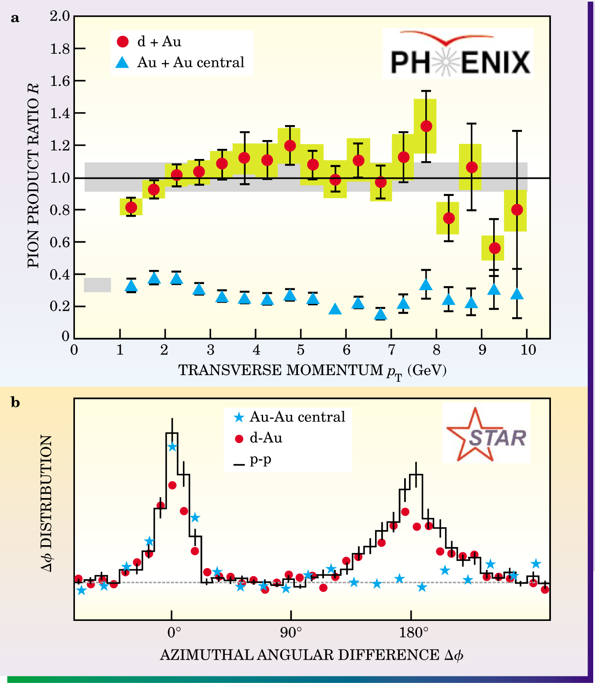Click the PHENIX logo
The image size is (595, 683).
click(x=458, y=54)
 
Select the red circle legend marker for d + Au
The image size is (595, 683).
click(x=123, y=41)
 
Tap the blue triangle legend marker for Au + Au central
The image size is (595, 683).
click(x=122, y=63)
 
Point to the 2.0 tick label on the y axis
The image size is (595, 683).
click(x=60, y=16)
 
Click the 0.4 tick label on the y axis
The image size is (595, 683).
click(x=60, y=274)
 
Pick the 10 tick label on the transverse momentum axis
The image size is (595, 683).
click(x=528, y=350)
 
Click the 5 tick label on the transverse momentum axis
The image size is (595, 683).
click(x=301, y=350)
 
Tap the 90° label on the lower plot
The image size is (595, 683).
click(x=291, y=633)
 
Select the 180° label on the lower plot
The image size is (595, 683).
click(x=413, y=633)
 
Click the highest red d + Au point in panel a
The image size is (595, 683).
click(x=426, y=126)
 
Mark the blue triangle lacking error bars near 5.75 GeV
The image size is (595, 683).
click(x=335, y=309)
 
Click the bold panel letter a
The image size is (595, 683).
click(x=15, y=18)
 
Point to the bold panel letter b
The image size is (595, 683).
click(x=15, y=402)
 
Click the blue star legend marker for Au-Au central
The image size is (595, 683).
click(x=239, y=417)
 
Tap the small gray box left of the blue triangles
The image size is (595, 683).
click(x=97, y=285)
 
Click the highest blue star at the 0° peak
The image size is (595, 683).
click(x=172, y=447)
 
